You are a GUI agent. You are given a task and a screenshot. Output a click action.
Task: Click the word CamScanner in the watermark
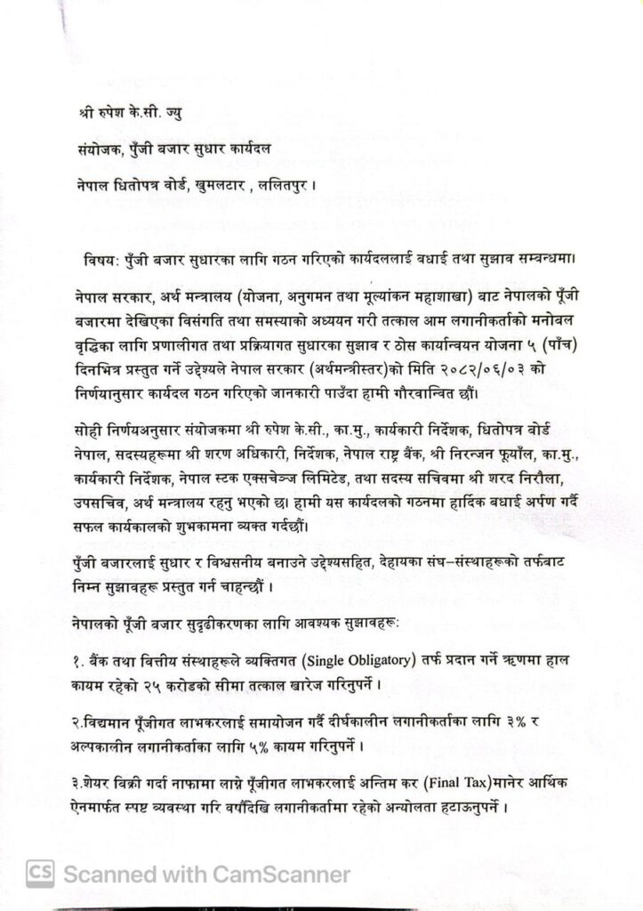[284, 875]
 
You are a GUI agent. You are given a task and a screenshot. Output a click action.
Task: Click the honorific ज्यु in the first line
[180, 117]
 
